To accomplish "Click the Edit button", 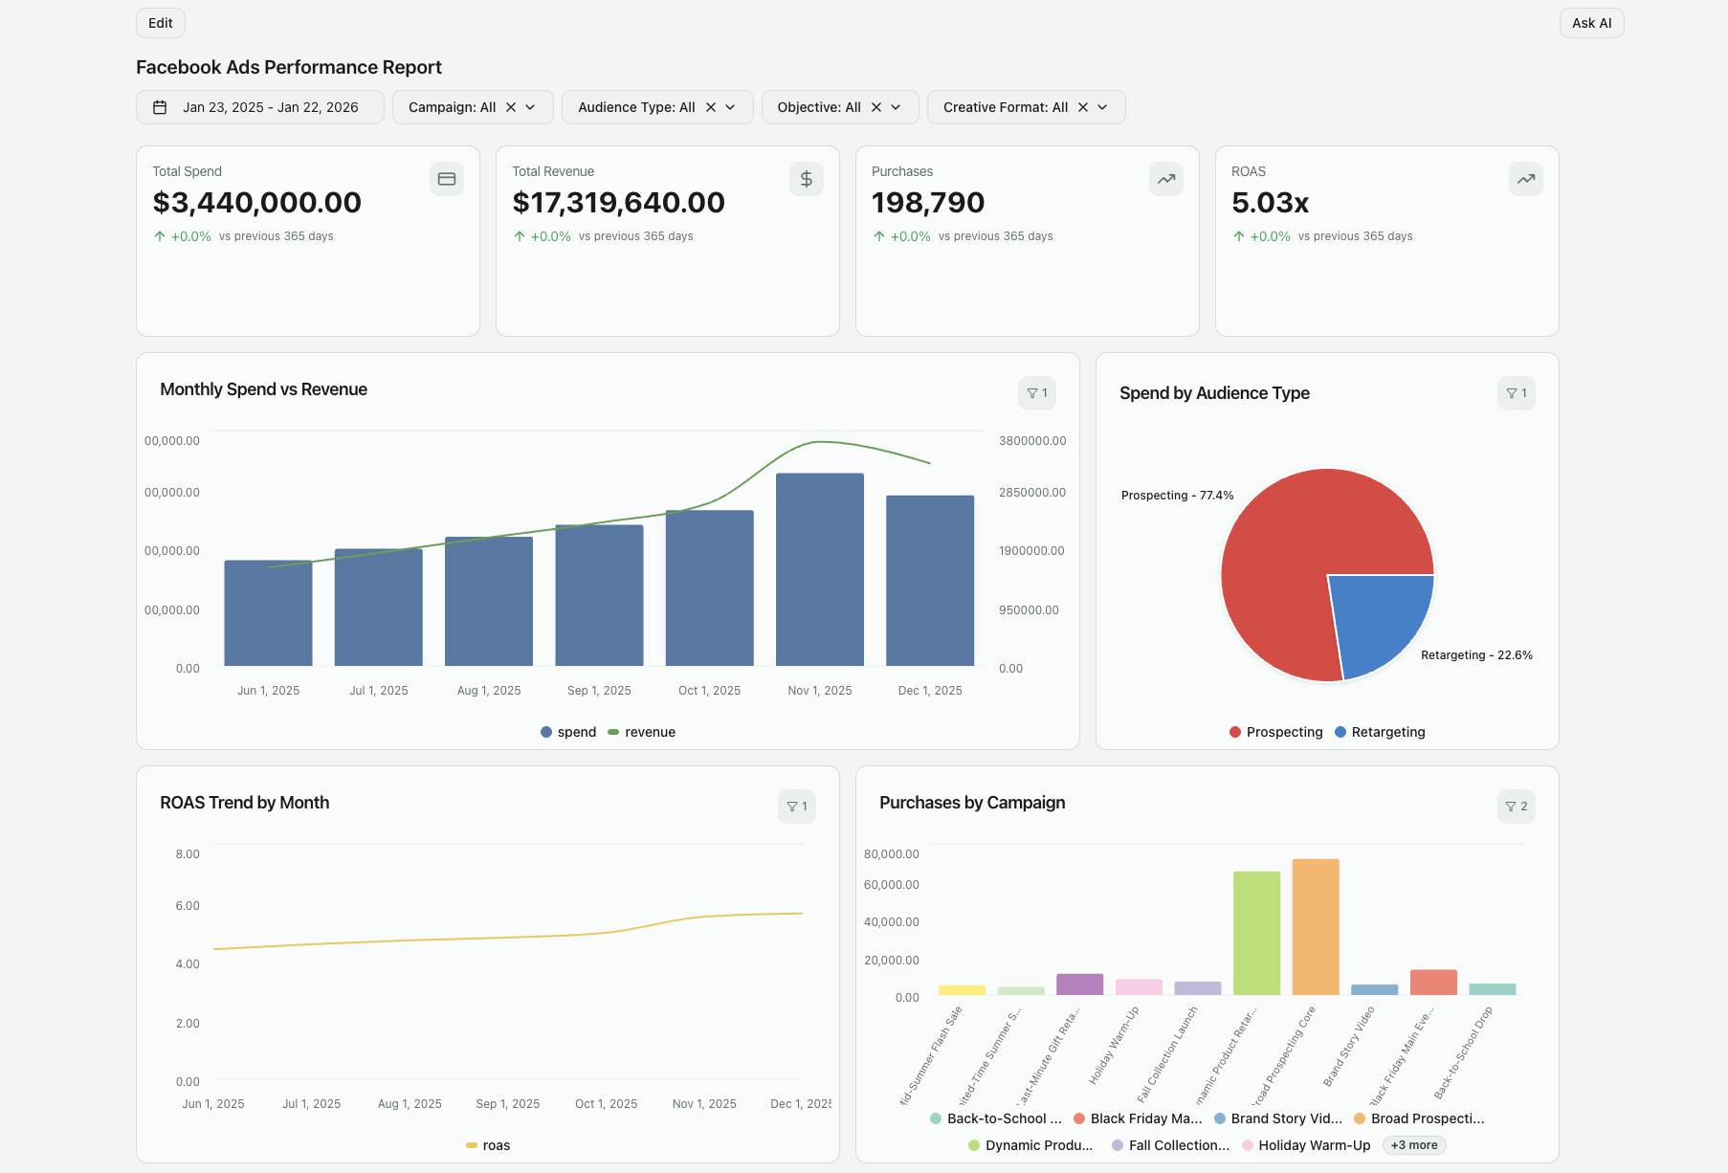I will pos(161,23).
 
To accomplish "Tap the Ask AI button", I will pos(1591,23).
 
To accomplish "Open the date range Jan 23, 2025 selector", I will pos(260,107).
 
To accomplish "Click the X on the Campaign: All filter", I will pos(511,107).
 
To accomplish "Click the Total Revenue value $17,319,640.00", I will pos(618,203).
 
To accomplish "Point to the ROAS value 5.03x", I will pos(1270,203).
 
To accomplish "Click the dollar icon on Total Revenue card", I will pos(806,179).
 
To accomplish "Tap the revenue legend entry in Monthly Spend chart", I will pos(641,732).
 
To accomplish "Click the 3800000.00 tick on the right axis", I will pos(1031,441).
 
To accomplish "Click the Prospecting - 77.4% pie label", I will pos(1177,496).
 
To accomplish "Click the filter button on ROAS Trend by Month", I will pos(796,807).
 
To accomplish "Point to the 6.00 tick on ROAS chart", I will pos(188,905).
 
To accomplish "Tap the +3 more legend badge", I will pos(1413,1145).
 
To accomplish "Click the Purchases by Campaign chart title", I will pos(972,803).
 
